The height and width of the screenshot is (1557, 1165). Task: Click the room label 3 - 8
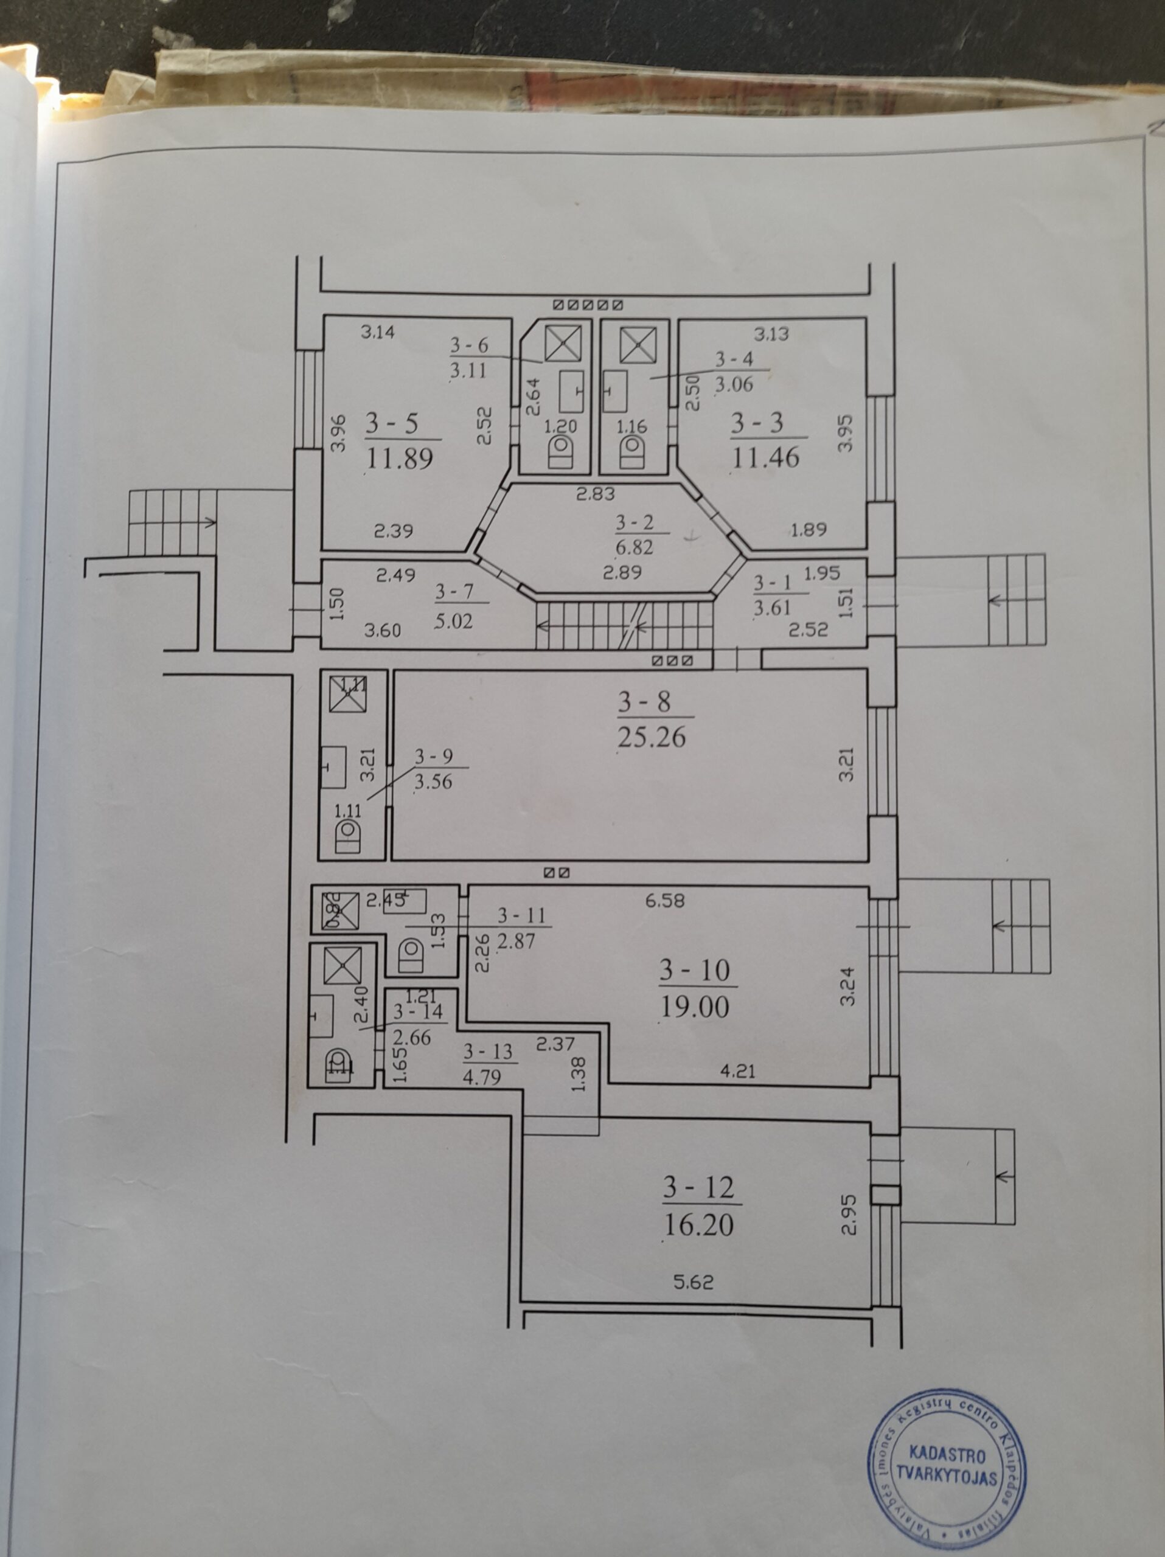pyautogui.click(x=644, y=702)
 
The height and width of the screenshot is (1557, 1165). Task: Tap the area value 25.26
pyautogui.click(x=651, y=737)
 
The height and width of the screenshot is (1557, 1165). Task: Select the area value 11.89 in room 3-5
pyautogui.click(x=399, y=459)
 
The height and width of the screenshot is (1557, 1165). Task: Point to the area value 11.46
pyautogui.click(x=765, y=457)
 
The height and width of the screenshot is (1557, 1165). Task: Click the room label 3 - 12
pyautogui.click(x=698, y=1188)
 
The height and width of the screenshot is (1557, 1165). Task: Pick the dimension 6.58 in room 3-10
pyautogui.click(x=664, y=900)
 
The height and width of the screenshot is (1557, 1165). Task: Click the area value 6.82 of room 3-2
pyautogui.click(x=635, y=547)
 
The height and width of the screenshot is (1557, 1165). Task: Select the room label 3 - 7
pyautogui.click(x=454, y=591)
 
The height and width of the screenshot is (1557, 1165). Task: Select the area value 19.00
pyautogui.click(x=694, y=1007)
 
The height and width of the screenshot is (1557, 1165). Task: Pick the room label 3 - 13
pyautogui.click(x=488, y=1052)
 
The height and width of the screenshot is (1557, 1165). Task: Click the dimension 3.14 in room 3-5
pyautogui.click(x=377, y=331)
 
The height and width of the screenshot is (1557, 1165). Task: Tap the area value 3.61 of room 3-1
pyautogui.click(x=772, y=608)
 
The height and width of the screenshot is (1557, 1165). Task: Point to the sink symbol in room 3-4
pyautogui.click(x=615, y=391)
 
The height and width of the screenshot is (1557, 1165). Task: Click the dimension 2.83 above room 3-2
pyautogui.click(x=596, y=494)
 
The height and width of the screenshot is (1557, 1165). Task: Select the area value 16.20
pyautogui.click(x=698, y=1225)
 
